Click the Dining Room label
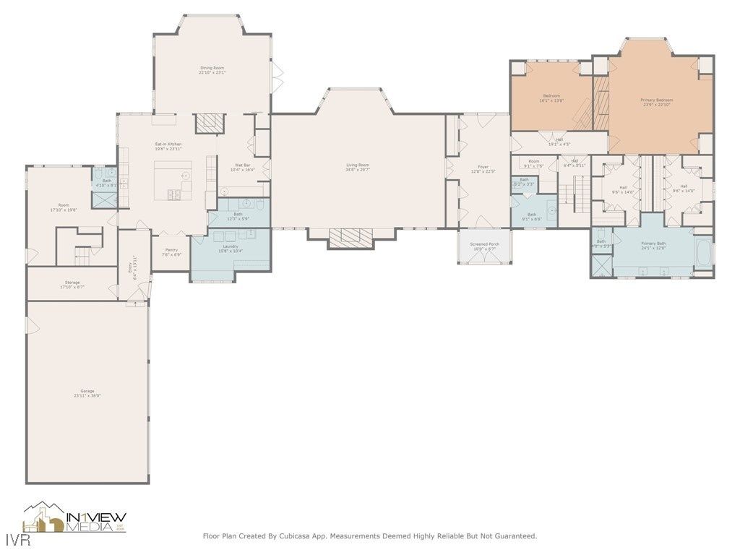coord(212,68)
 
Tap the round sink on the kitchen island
coord(185,175)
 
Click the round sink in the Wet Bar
coord(224,192)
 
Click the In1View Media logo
coord(75,518)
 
